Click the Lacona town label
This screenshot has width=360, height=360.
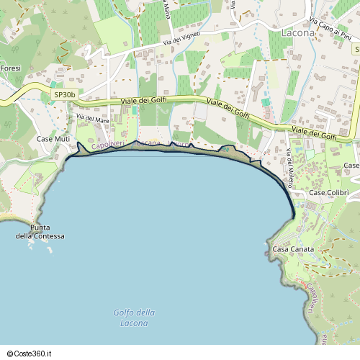(x=297, y=33)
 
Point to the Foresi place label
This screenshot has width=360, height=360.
(x=11, y=68)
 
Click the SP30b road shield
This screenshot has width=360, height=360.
(x=64, y=94)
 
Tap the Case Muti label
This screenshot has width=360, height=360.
(x=53, y=139)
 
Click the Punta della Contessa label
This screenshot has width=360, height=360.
(x=41, y=232)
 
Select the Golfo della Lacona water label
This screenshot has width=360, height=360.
(x=135, y=318)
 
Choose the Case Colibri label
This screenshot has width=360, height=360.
(x=328, y=193)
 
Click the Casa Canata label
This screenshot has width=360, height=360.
(x=292, y=249)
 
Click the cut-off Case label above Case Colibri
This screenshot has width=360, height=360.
(x=351, y=166)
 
